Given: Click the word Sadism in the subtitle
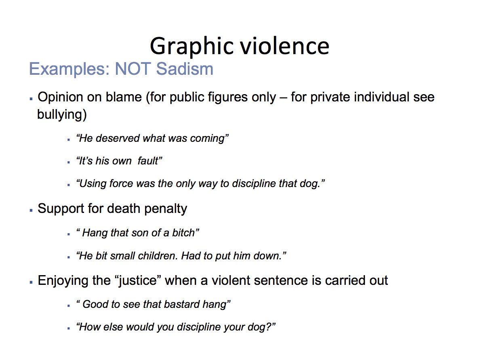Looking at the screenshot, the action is click(x=185, y=69).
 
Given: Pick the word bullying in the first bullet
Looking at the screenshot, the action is click(x=62, y=114).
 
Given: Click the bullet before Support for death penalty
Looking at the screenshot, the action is click(x=31, y=211).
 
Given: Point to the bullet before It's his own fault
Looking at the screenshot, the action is click(x=69, y=162).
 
